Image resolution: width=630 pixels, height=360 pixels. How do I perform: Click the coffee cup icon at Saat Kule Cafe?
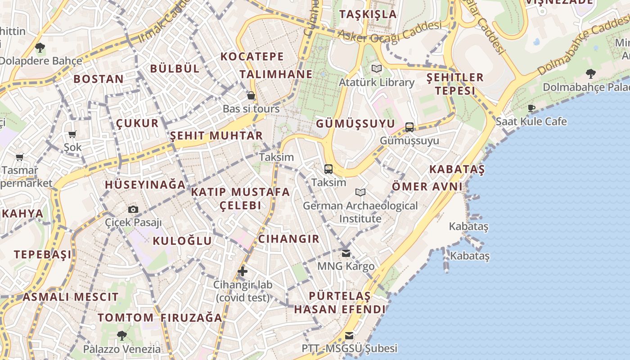pyautogui.click(x=531, y=108)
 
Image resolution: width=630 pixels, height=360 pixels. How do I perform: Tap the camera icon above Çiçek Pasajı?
pyautogui.click(x=133, y=209)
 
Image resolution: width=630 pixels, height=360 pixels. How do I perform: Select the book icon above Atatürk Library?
pyautogui.click(x=377, y=69)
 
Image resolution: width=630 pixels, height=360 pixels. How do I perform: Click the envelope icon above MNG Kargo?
pyautogui.click(x=346, y=253)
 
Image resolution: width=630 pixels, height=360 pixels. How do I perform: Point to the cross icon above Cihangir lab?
pyautogui.click(x=243, y=271)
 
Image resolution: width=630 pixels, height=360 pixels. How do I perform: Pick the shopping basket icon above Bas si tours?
pyautogui.click(x=251, y=95)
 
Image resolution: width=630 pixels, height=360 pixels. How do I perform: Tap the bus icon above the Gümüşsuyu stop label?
pyautogui.click(x=409, y=127)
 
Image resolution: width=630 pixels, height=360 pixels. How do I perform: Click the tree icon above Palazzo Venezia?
pyautogui.click(x=121, y=335)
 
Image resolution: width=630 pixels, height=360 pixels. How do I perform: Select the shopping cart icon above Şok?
pyautogui.click(x=72, y=134)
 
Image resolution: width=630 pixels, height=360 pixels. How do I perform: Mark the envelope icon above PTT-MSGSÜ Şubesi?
pyautogui.click(x=349, y=335)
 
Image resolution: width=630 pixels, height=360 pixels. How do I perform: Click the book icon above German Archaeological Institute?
pyautogui.click(x=360, y=193)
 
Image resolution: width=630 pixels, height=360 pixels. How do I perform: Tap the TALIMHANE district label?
pyautogui.click(x=276, y=74)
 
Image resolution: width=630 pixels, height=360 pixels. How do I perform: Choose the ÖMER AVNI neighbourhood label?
pyautogui.click(x=427, y=186)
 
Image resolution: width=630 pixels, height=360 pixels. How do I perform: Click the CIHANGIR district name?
pyautogui.click(x=289, y=239)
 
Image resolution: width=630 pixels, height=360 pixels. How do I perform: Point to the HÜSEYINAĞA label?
pyautogui.click(x=145, y=184)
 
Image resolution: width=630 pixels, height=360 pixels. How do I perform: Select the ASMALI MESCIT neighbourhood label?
pyautogui.click(x=71, y=297)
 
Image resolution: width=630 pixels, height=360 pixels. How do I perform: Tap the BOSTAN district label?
pyautogui.click(x=99, y=79)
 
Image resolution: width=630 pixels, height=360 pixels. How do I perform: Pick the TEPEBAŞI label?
pyautogui.click(x=43, y=255)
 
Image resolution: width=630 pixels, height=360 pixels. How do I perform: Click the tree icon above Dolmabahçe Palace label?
pyautogui.click(x=590, y=73)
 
